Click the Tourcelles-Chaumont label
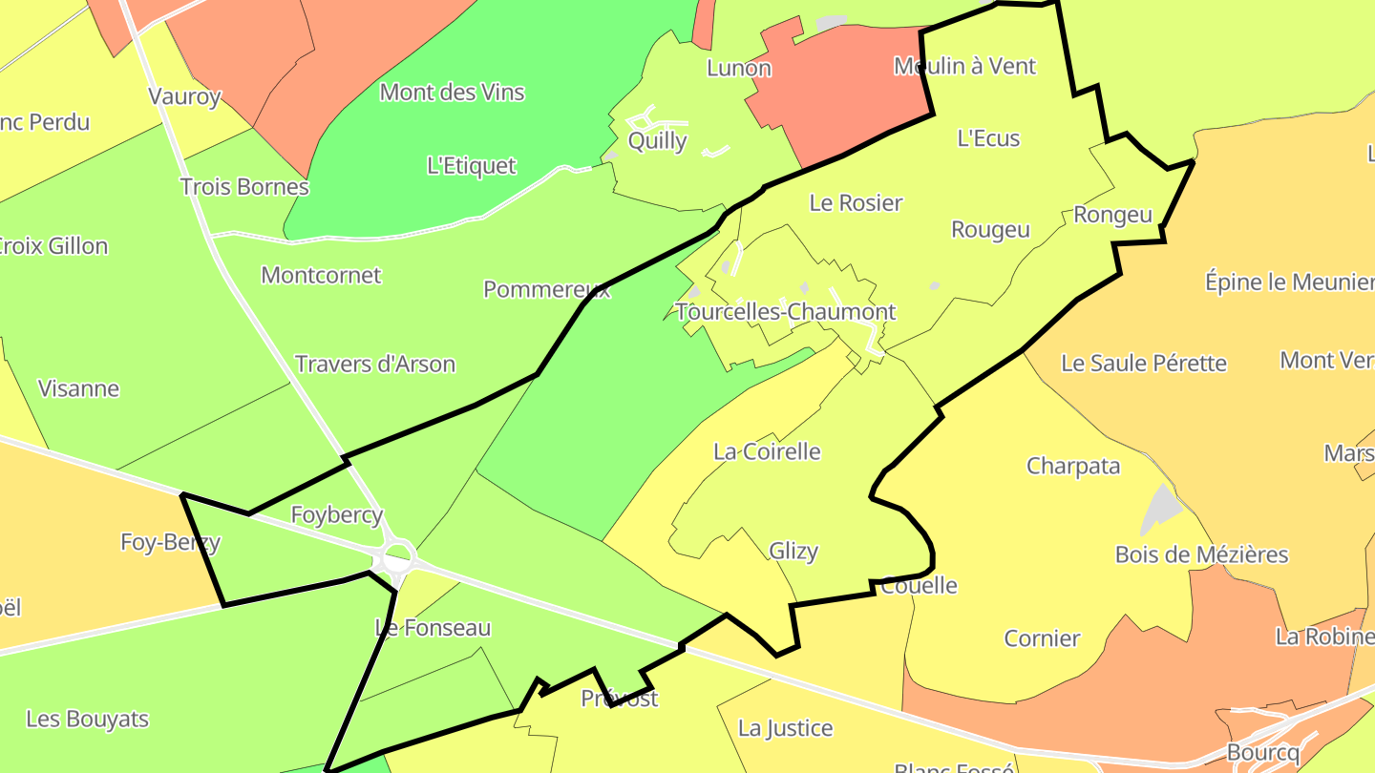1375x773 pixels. pos(785,312)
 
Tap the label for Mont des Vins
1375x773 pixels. pos(452,93)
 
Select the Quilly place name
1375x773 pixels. pos(657,141)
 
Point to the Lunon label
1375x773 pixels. pos(738,68)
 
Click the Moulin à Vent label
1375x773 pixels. pos(964,66)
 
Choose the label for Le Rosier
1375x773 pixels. pos(856,202)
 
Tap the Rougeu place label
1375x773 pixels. pos(990,230)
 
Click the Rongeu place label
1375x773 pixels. pos(1112,215)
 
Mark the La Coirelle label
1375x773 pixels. pos(767,451)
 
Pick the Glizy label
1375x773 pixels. pos(793,551)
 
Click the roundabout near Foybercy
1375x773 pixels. pos(397,556)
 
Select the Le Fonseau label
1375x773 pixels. pos(433,628)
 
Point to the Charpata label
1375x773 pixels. pos(1072,467)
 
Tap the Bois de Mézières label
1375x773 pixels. pos(1201,554)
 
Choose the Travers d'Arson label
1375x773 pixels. pos(374,365)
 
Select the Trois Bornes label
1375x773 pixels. pos(244,186)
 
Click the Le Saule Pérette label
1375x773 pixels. pos(1143,364)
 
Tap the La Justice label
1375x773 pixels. pos(785,729)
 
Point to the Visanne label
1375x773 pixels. pos(78,388)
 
